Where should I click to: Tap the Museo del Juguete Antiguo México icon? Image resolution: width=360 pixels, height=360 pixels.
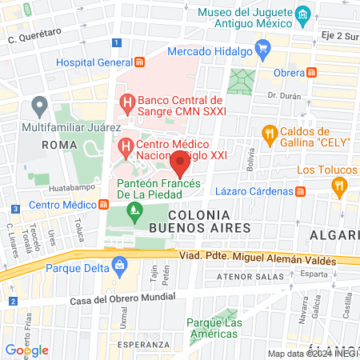pos(302,15)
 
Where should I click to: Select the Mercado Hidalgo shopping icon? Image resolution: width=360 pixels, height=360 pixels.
pos(262,49)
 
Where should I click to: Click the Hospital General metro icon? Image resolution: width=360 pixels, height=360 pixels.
pos(140,62)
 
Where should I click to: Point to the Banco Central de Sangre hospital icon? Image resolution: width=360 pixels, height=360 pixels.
pos(126,102)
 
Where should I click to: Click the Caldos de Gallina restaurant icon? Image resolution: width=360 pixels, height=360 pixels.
pos(270,133)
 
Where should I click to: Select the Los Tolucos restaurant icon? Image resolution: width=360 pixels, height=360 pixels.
pos(340,186)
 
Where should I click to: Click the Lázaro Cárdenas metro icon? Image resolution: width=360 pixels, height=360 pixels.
pos(300,191)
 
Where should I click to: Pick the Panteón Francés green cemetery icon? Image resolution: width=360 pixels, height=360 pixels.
pos(135,212)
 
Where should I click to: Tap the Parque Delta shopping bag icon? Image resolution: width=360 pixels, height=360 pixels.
pos(119,264)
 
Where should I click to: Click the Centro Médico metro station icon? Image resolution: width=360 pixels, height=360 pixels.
pos(103,205)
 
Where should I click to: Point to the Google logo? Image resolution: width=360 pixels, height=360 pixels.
pos(26,350)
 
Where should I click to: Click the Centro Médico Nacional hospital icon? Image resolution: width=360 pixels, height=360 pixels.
pos(126,147)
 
